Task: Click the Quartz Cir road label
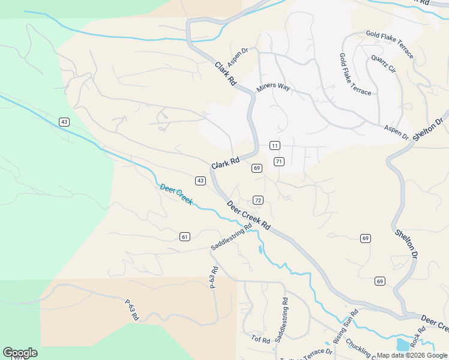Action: click(x=384, y=64)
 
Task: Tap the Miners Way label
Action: click(x=273, y=87)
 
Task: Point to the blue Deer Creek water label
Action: click(x=176, y=194)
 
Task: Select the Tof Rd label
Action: click(x=261, y=340)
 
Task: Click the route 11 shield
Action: click(x=274, y=146)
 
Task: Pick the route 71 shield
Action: click(x=279, y=161)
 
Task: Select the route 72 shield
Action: click(x=258, y=200)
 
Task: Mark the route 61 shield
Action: click(x=185, y=237)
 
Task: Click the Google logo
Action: click(x=20, y=353)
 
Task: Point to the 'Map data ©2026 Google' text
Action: click(x=412, y=355)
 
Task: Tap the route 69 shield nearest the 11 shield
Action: click(x=257, y=168)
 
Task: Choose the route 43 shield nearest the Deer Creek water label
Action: click(x=200, y=181)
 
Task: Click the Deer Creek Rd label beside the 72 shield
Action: click(x=249, y=215)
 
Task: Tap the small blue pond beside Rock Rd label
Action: click(x=402, y=344)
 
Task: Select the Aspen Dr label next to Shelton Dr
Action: click(x=397, y=133)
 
